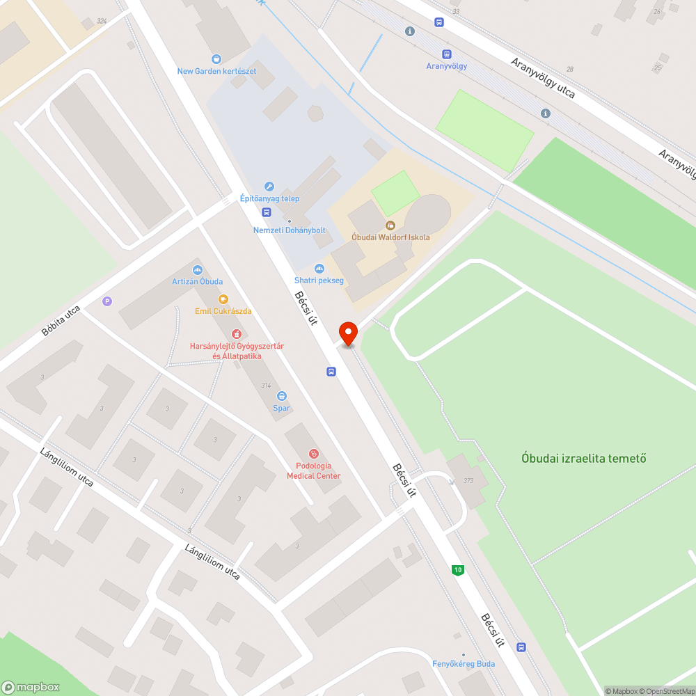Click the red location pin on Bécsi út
point(347,333)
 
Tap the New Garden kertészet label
point(216,71)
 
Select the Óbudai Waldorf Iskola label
point(390,237)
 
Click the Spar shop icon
point(281,395)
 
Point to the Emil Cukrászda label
point(223,311)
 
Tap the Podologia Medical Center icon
point(314,453)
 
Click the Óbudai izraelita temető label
point(584,458)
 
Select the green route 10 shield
point(457,570)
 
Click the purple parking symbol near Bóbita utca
point(106,301)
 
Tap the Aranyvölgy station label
point(446,66)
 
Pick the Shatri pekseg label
point(319,280)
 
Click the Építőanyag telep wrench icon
point(269,187)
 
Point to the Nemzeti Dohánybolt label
point(290,230)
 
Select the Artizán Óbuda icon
point(198,269)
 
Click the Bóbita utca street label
point(61,320)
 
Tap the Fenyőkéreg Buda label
point(463,663)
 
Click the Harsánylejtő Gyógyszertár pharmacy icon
point(237,333)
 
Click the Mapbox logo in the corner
point(31,687)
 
